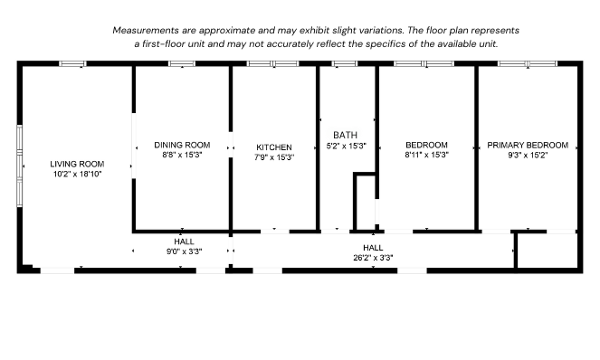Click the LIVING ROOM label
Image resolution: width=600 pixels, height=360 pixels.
point(77,164)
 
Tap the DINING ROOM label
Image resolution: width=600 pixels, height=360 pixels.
point(182,145)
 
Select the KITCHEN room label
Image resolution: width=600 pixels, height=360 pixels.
point(274,147)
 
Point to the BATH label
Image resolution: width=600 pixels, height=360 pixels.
point(346,135)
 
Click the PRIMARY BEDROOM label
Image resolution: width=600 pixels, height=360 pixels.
point(528,145)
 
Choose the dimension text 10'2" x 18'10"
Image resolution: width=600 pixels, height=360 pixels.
point(77,174)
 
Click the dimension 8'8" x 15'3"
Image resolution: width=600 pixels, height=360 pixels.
point(182,155)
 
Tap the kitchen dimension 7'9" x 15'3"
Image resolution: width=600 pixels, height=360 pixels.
point(274,156)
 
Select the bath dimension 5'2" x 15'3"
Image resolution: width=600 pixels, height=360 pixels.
point(346,146)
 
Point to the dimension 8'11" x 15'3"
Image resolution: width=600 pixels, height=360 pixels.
point(426,155)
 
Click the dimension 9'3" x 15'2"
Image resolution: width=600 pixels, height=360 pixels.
point(528,155)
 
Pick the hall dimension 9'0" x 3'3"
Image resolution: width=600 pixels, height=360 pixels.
point(184,251)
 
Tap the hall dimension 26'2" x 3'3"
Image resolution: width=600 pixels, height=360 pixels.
point(373,257)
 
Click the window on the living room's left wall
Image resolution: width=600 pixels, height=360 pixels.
point(20,165)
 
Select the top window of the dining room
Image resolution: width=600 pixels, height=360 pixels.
point(182,63)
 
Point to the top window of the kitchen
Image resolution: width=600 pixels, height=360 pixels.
point(273,63)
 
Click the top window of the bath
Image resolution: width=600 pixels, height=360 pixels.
point(345,63)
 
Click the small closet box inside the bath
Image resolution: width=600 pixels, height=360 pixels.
point(365,201)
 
